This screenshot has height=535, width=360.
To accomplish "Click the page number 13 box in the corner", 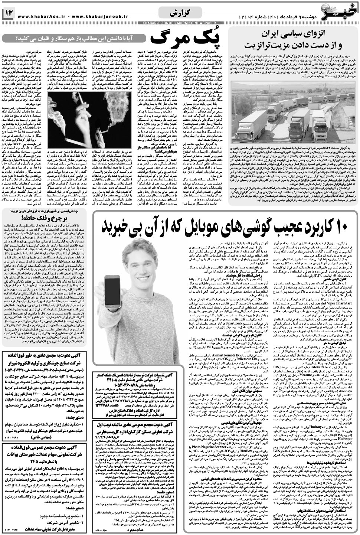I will pos(9,14).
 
